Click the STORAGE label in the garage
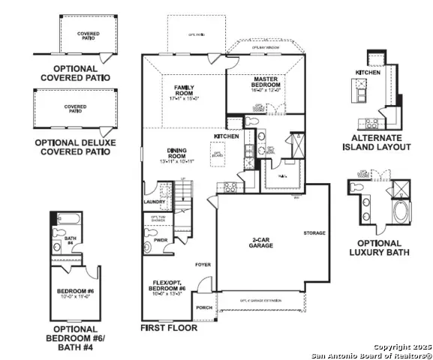[314, 232]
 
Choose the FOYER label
[203, 265]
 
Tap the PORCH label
[203, 308]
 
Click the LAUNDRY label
[154, 201]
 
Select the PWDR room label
[160, 240]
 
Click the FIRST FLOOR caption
[169, 328]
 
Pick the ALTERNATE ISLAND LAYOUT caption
[381, 142]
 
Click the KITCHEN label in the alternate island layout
[368, 72]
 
